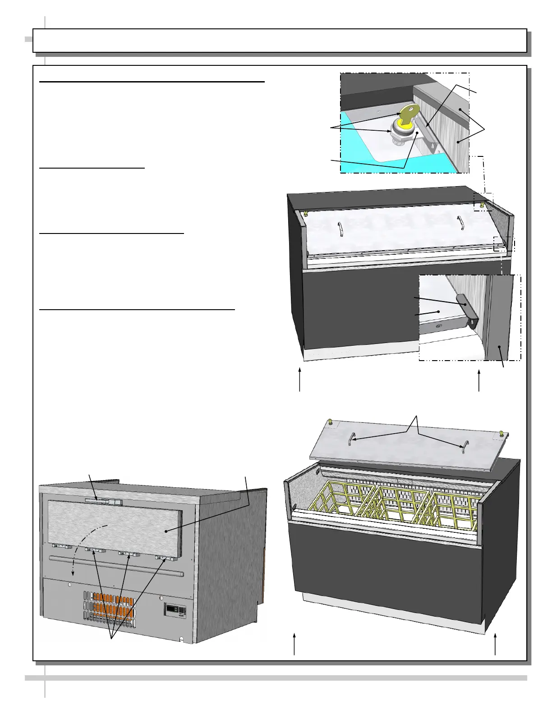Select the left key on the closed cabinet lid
pos(306,214)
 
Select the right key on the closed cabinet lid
pos(482,206)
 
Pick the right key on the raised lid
pos(501,434)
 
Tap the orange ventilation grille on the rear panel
pos(108,607)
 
